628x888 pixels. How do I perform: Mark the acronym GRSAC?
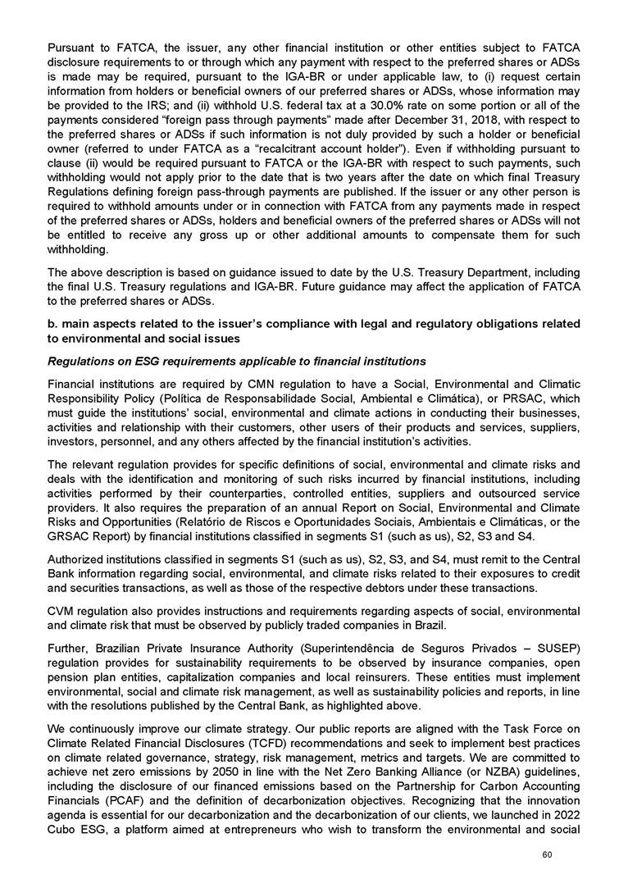coord(67,536)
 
